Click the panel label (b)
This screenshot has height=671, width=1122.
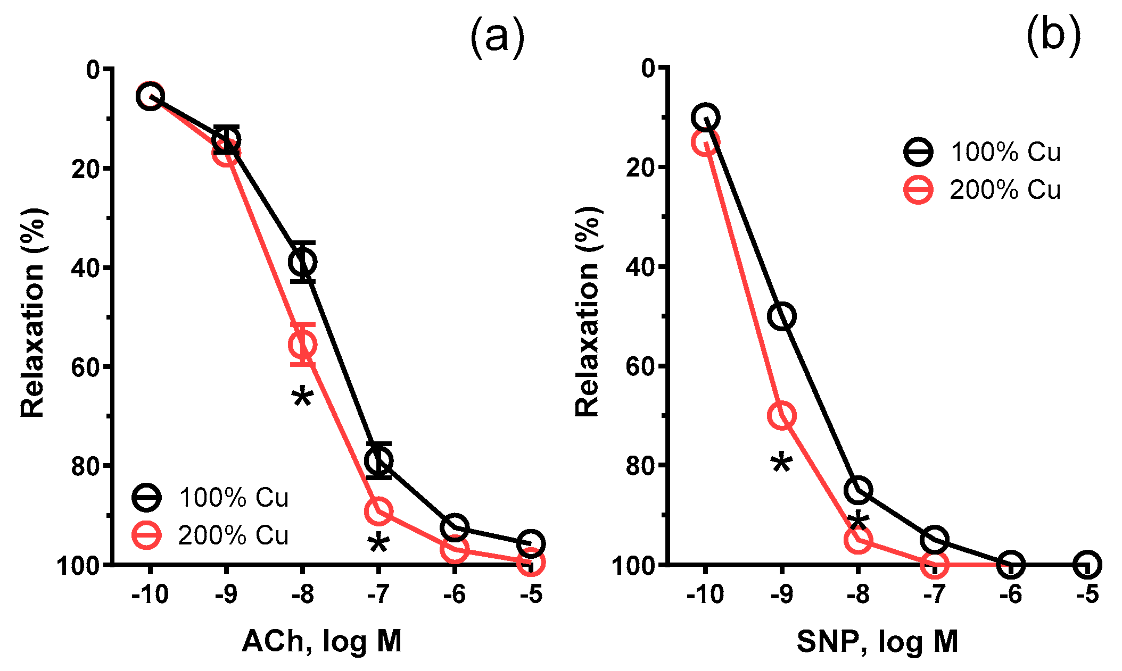tap(1053, 35)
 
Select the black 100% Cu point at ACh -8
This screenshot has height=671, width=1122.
tap(302, 262)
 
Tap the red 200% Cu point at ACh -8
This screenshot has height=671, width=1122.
tap(302, 345)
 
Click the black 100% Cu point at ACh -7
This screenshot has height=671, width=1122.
tap(378, 460)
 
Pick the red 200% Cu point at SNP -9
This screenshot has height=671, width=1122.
tap(782, 415)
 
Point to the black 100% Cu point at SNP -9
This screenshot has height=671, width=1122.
tap(782, 316)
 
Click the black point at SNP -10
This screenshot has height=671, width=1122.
tap(706, 116)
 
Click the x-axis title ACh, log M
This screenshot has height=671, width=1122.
tap(321, 641)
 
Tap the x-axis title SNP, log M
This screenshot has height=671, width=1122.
tap(877, 641)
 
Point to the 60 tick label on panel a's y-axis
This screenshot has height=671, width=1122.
tap(85, 367)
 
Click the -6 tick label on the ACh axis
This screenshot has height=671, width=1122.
tap(454, 594)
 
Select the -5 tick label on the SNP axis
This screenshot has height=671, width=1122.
tap(1087, 594)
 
